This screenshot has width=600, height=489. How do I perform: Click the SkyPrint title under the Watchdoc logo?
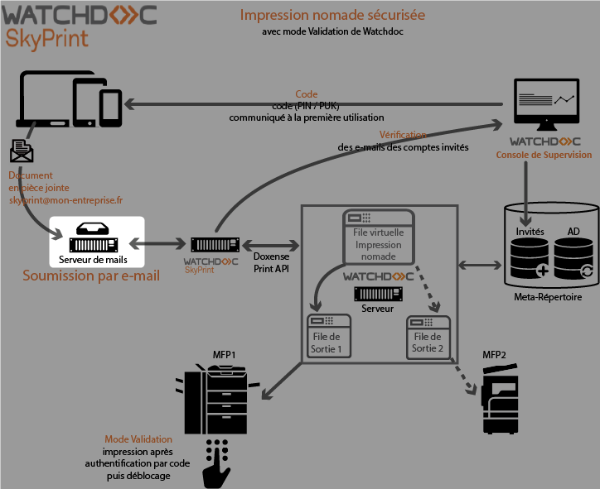click(x=46, y=39)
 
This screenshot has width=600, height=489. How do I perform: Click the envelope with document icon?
click(x=22, y=151)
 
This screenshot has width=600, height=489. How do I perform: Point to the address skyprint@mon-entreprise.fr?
click(x=65, y=200)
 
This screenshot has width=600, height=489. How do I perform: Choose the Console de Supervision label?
click(x=544, y=155)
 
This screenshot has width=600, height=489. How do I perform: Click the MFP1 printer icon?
click(x=215, y=396)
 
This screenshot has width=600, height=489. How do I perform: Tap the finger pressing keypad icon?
click(x=217, y=463)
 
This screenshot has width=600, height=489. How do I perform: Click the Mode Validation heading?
click(x=138, y=439)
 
